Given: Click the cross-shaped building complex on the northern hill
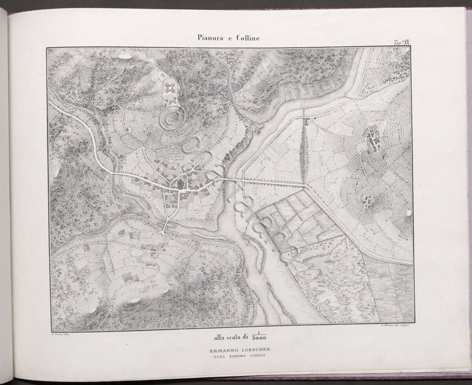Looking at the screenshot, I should (x=170, y=90).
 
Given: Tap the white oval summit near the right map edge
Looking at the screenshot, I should (x=408, y=214).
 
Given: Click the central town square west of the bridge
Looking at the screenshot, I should (x=180, y=184).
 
